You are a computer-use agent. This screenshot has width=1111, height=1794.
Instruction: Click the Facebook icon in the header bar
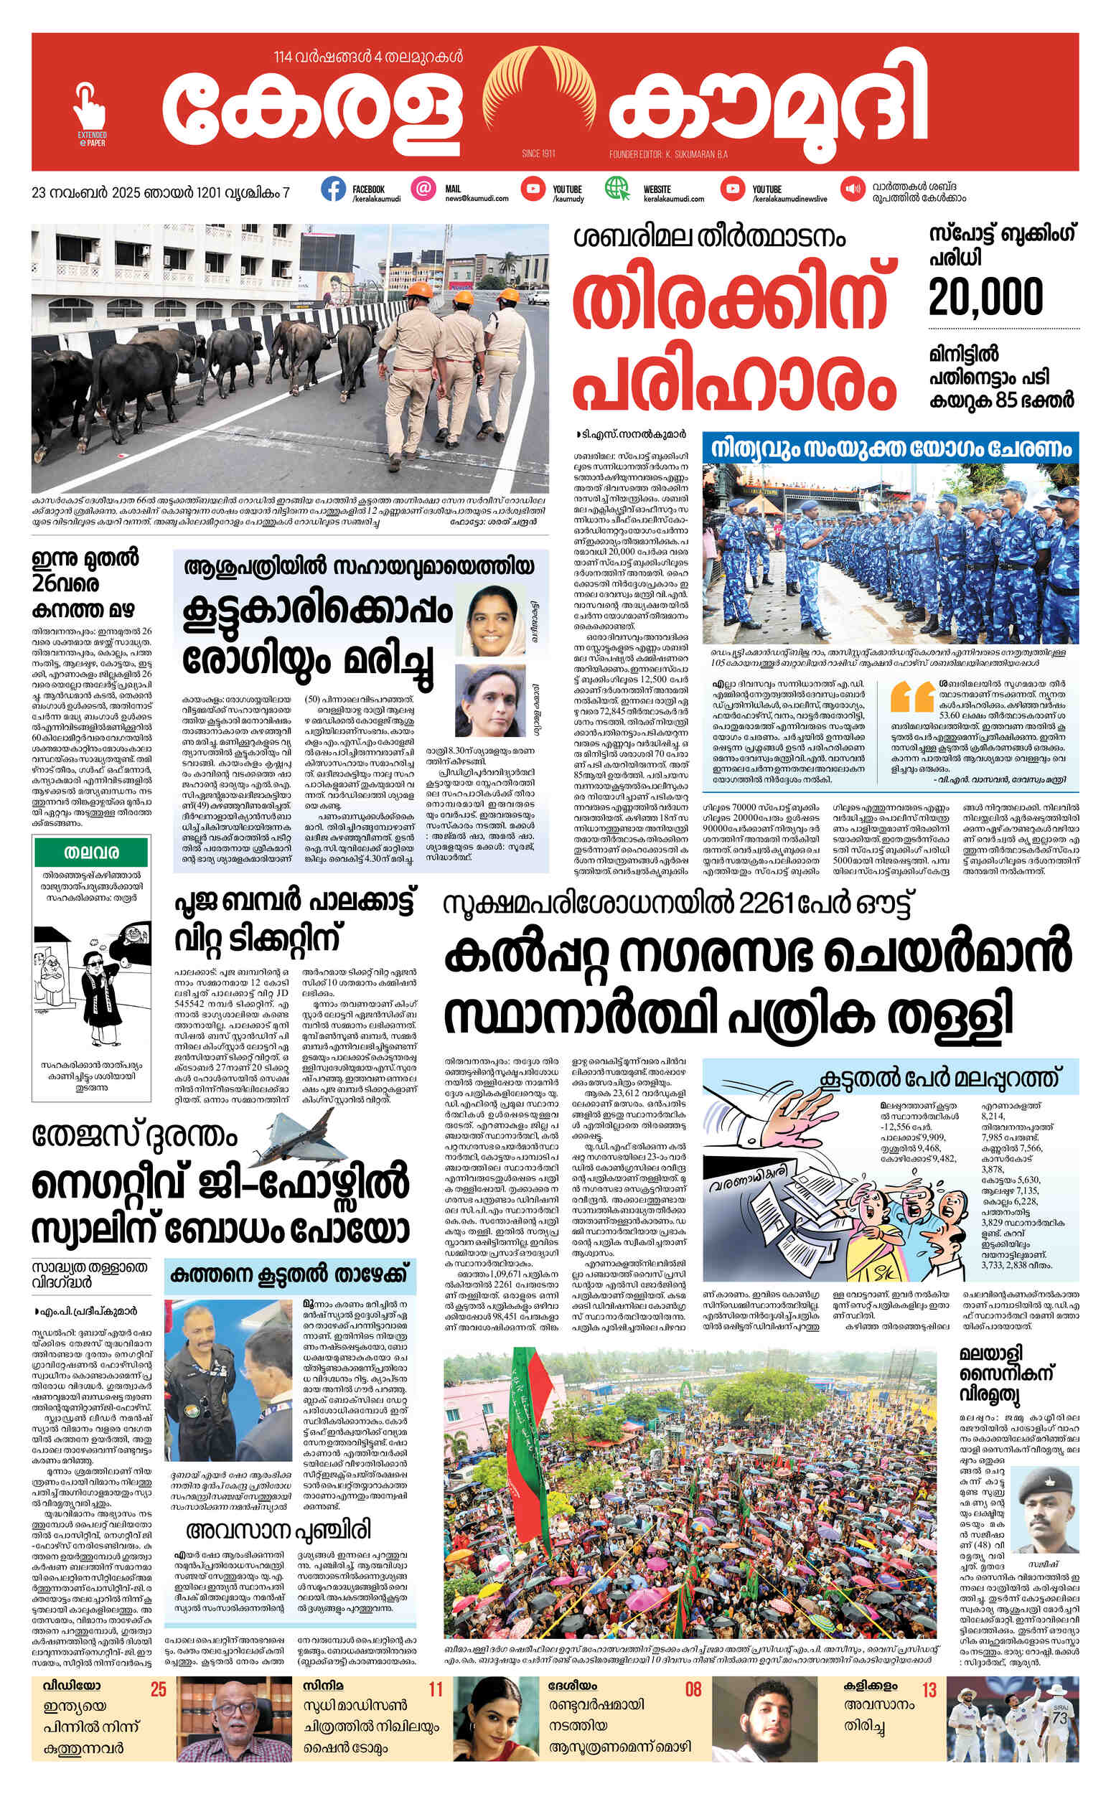click(333, 189)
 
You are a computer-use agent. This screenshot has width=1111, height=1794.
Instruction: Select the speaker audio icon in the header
click(853, 189)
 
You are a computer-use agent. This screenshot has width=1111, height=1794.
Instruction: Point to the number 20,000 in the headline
click(985, 298)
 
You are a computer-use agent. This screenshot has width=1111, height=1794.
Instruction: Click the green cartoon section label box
click(91, 853)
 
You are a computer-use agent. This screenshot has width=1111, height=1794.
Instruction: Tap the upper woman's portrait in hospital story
click(490, 621)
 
